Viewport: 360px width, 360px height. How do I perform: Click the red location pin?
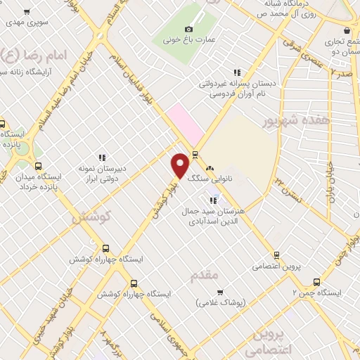pos(180,166)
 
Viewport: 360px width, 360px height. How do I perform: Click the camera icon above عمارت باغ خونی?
pos(188,29)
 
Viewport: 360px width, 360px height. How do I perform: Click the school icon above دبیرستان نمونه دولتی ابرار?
pos(103,157)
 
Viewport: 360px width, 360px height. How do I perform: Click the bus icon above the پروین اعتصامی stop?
pos(276,255)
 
